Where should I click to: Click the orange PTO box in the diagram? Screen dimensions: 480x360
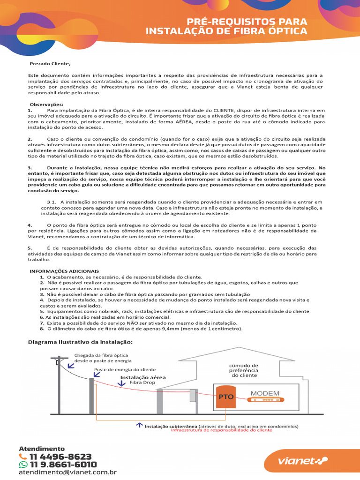[226, 397]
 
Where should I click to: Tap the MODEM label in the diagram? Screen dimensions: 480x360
[265, 393]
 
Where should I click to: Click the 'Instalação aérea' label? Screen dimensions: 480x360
[143, 377]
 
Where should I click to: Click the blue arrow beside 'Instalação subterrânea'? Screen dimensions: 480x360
[139, 425]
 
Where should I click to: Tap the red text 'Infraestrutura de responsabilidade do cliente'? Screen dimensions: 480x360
[221, 429]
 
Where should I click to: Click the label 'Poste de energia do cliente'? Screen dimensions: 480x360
[125, 369]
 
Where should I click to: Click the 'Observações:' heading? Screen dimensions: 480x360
[46, 104]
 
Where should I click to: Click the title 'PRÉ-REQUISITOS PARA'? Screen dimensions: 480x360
[247, 22]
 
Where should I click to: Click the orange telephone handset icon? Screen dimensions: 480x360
[23, 456]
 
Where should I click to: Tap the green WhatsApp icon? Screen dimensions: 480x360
[23, 465]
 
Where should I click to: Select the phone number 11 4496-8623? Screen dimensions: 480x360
[60, 456]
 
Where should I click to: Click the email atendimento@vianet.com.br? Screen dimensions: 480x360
[67, 473]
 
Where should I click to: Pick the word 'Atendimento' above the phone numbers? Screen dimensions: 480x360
[42, 448]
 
